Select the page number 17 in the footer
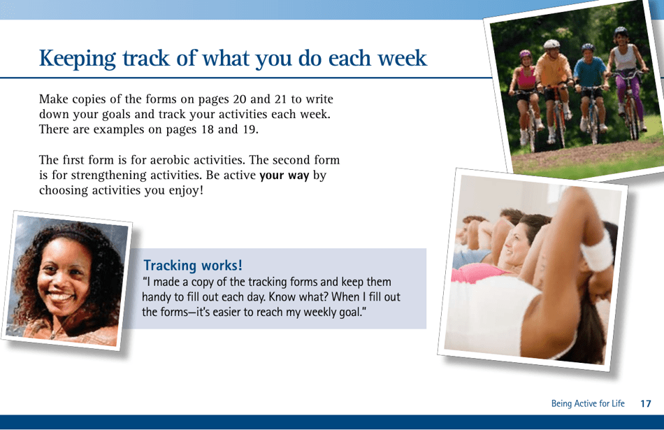(646, 403)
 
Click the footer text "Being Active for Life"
(587, 403)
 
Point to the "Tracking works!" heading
(193, 266)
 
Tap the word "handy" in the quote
(157, 297)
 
